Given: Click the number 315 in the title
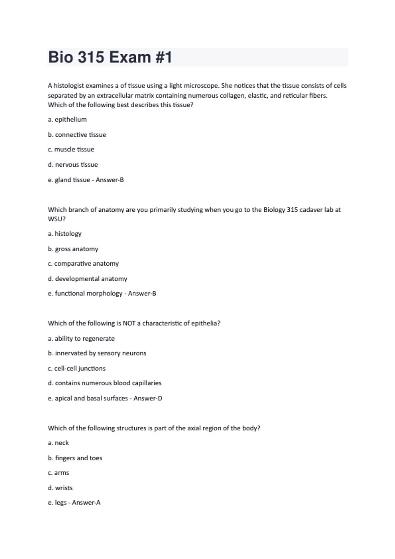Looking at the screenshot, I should click(x=91, y=57).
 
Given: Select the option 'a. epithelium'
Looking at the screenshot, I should click(x=67, y=119).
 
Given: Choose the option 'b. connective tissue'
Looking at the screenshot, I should click(x=77, y=134).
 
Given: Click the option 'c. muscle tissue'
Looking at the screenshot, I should click(x=71, y=149).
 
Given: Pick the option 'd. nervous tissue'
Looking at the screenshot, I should click(x=73, y=164).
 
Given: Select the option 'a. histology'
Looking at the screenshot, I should click(x=65, y=233).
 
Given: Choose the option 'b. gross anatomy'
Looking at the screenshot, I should click(x=73, y=249).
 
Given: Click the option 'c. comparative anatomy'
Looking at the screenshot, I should click(x=83, y=263).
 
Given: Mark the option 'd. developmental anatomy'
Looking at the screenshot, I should click(x=88, y=279).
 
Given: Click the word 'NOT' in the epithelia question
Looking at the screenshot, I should click(x=129, y=323).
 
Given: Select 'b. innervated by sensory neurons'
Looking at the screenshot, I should click(x=97, y=353).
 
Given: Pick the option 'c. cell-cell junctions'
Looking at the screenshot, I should click(x=77, y=368).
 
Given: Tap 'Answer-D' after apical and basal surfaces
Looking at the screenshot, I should click(x=148, y=398).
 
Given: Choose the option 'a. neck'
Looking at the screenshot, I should click(x=58, y=443).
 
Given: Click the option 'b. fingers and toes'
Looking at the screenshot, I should click(x=75, y=458).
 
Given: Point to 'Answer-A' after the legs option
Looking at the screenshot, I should click(x=86, y=502).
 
